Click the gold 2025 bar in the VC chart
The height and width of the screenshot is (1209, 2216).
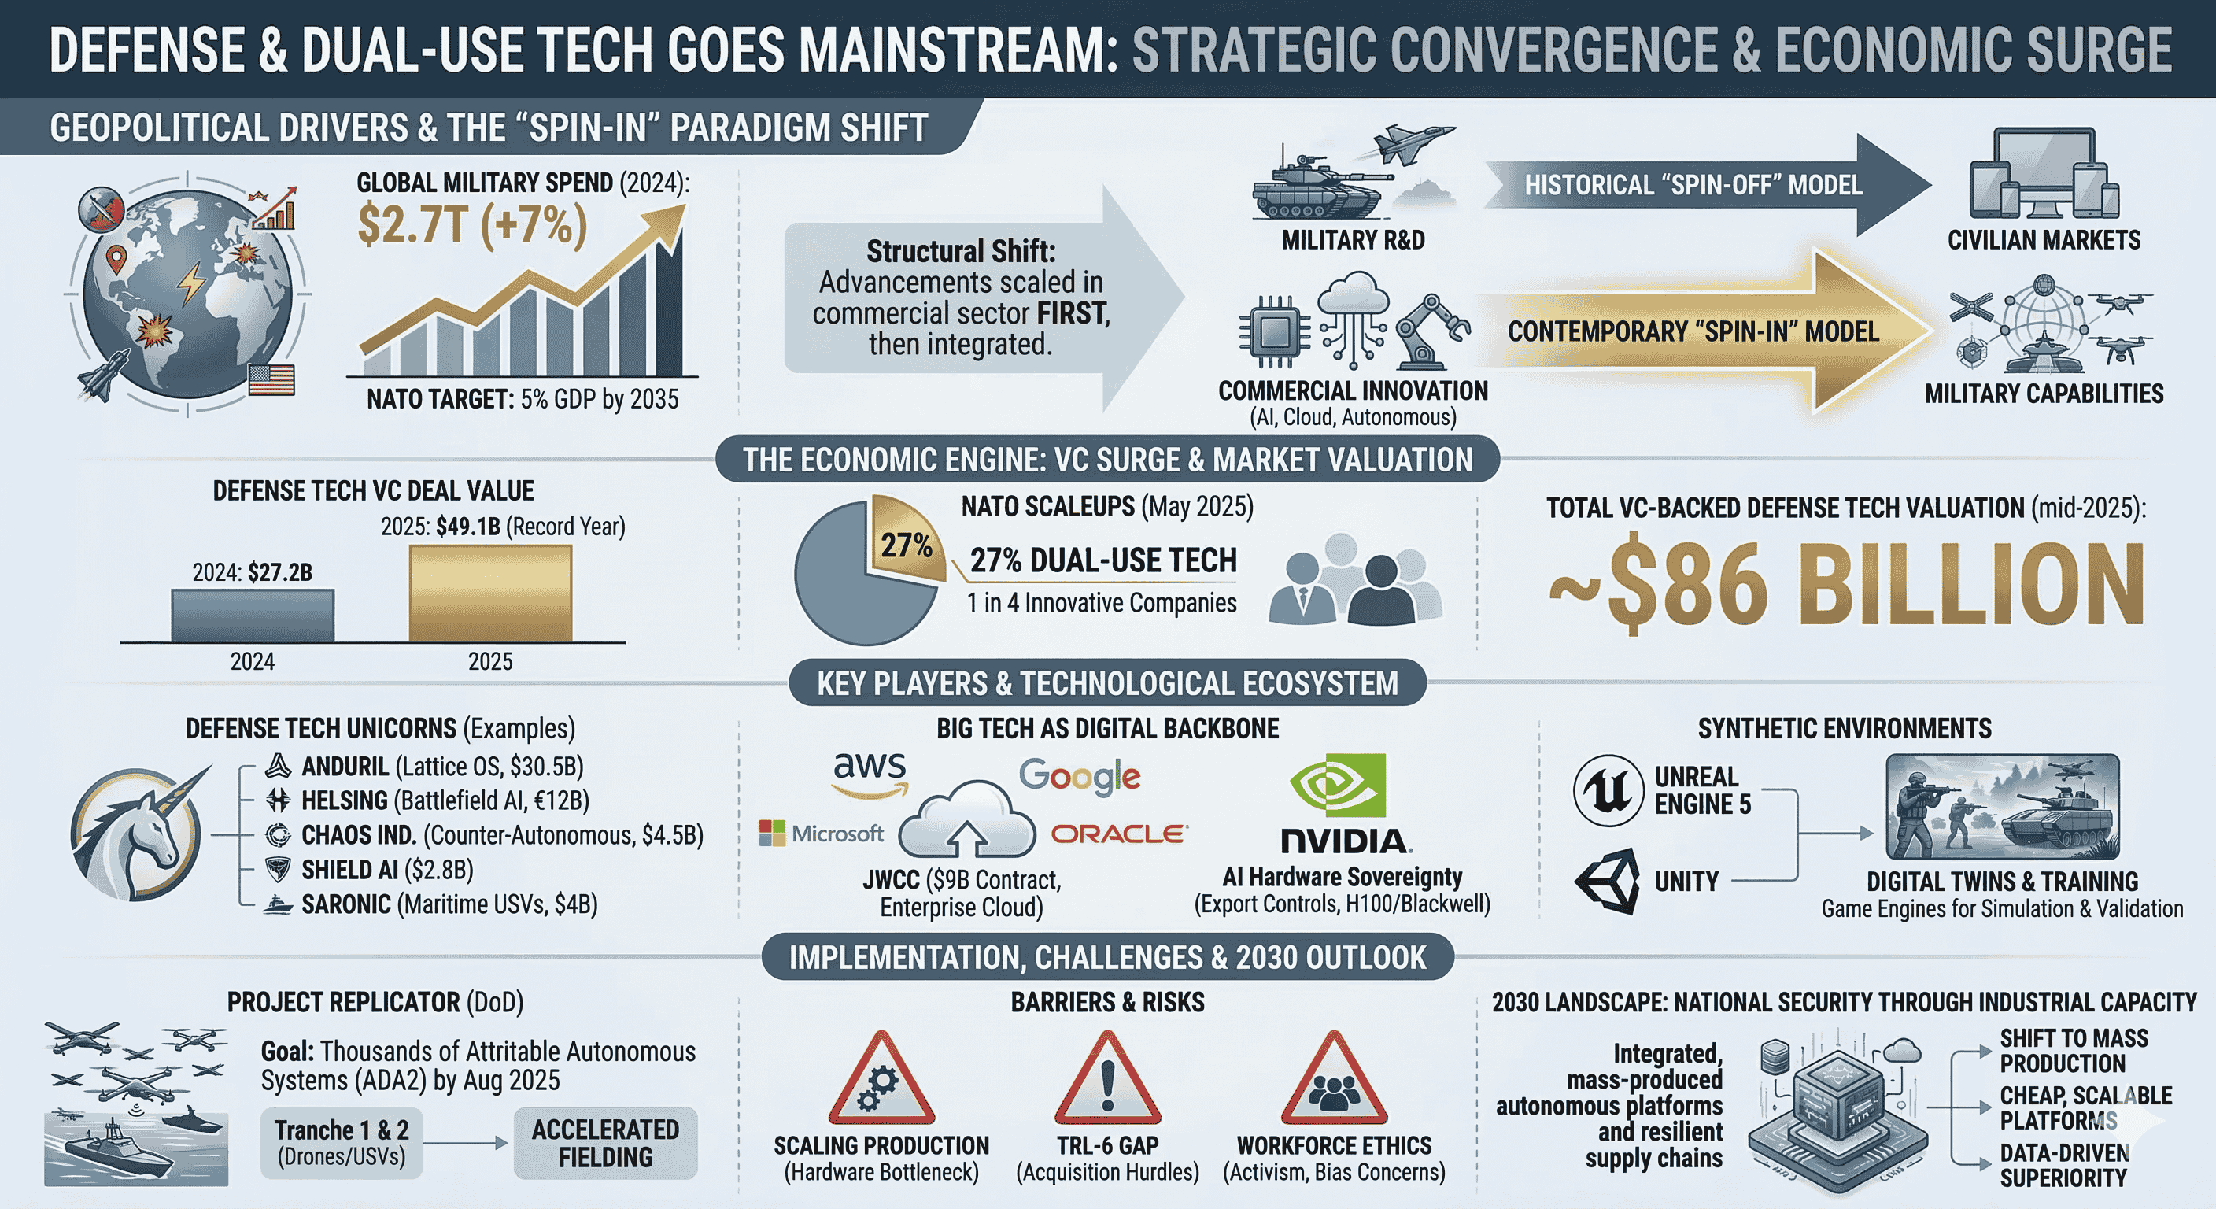click(x=489, y=593)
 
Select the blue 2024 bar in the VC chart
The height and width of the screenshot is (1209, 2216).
click(x=252, y=616)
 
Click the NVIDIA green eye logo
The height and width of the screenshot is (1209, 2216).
click(x=1337, y=785)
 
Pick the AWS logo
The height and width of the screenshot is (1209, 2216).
click(x=870, y=772)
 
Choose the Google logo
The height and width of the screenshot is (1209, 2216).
click(x=1080, y=777)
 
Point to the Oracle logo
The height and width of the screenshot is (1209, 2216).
click(x=1119, y=833)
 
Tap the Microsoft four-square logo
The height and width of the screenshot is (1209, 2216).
click(x=772, y=833)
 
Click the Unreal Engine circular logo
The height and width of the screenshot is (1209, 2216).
click(x=1608, y=790)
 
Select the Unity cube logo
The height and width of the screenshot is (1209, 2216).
click(x=1608, y=881)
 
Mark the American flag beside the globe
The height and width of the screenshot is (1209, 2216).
click(x=271, y=379)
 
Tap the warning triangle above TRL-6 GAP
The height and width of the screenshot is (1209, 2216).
click(x=1107, y=1079)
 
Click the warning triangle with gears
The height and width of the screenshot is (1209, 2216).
click(x=881, y=1081)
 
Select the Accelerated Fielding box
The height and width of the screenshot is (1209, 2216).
click(x=606, y=1143)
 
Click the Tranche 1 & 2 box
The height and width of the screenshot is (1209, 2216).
click(x=342, y=1143)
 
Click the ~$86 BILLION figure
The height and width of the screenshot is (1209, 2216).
click(x=1846, y=585)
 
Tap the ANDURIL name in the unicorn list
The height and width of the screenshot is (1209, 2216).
click(x=345, y=766)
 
